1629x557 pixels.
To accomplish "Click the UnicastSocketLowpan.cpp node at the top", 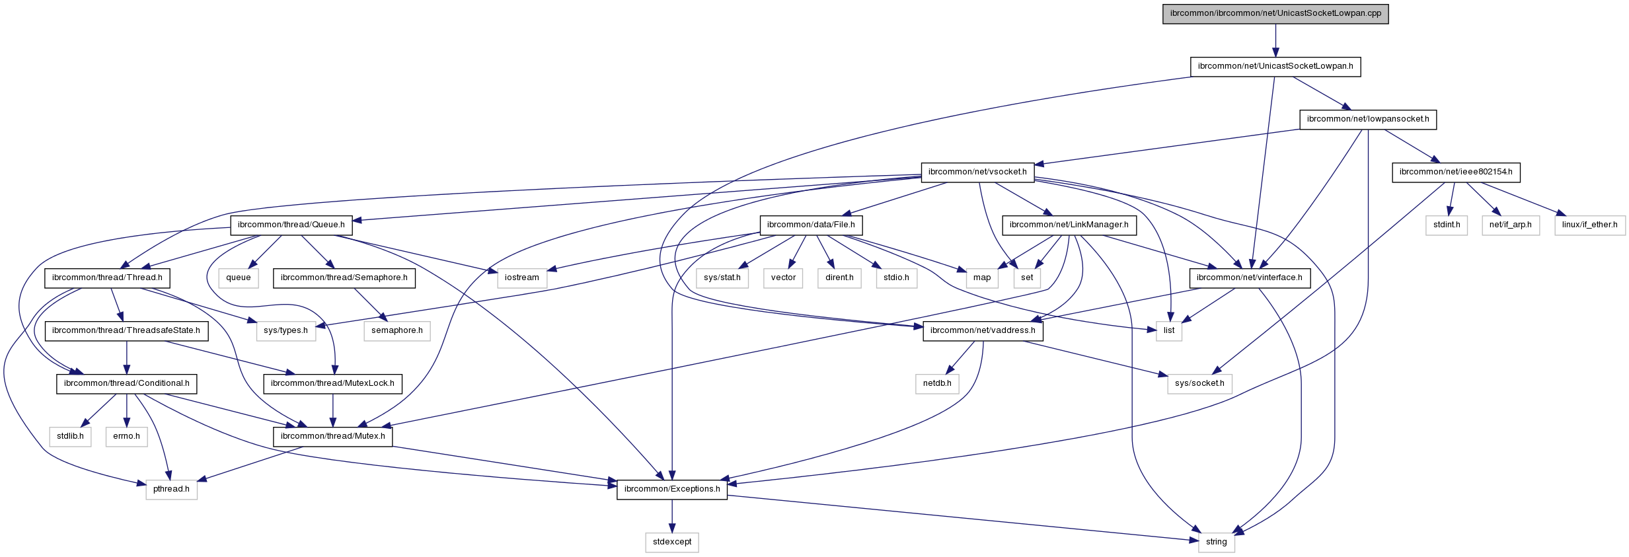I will click(1275, 13).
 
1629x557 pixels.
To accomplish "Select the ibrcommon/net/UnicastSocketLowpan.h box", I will click(1275, 66).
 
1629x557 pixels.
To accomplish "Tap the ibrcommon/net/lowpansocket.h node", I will click(1368, 119).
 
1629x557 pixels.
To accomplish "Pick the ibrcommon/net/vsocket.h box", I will click(977, 172).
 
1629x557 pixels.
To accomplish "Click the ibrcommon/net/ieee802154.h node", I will click(1456, 172).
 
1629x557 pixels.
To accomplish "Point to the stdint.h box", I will click(1447, 225).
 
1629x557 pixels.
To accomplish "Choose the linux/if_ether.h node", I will click(1589, 225).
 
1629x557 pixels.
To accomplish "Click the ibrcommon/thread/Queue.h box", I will click(291, 225).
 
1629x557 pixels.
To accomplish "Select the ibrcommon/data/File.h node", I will click(811, 225).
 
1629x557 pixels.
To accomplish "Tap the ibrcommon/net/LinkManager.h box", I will click(1069, 225).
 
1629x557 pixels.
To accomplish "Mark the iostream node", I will click(522, 278).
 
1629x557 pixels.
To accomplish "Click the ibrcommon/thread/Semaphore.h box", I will click(344, 278).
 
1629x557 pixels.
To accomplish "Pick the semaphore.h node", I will click(397, 330).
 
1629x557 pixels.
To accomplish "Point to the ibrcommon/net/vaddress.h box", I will click(983, 330).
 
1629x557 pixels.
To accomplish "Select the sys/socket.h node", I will click(1199, 383).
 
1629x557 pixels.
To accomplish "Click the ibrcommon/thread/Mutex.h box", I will click(332, 436).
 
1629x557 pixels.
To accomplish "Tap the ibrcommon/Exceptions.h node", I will click(672, 489).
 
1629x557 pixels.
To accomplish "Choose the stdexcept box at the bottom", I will click(672, 542).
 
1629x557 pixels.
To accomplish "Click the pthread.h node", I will click(171, 489).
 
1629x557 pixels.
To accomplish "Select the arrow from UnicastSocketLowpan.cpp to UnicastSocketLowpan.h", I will click(1275, 40).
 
